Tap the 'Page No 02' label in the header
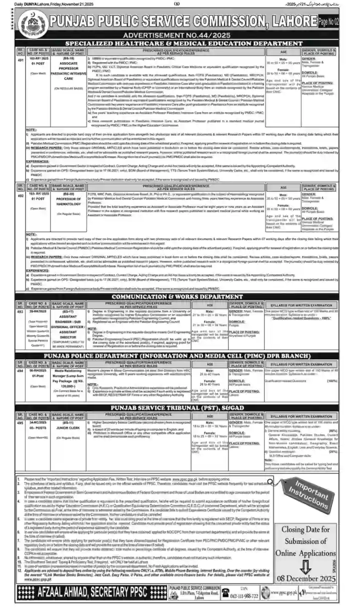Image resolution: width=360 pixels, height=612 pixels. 328,22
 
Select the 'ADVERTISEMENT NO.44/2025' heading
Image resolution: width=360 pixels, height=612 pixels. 179,37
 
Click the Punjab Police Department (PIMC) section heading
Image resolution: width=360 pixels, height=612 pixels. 179,356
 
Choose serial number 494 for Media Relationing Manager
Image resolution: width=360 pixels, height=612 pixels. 20,370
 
